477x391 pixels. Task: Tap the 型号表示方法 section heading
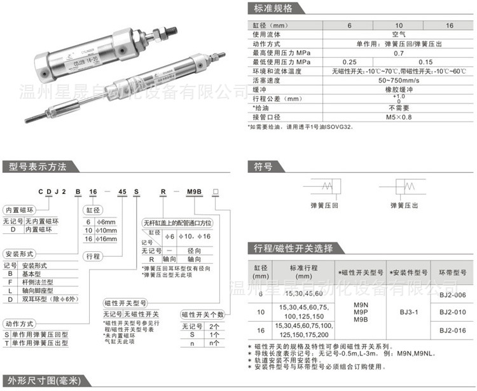(x=38, y=167)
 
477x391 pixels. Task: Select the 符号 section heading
(x=263, y=167)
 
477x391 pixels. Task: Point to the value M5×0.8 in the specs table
(x=394, y=117)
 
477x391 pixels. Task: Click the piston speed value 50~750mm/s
(x=394, y=81)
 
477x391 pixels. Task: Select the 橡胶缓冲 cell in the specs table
(x=394, y=90)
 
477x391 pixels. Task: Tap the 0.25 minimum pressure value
(x=349, y=62)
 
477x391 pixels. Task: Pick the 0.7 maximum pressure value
(x=394, y=53)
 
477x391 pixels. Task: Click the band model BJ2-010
(x=452, y=312)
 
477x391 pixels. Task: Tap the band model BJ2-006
(x=452, y=294)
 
